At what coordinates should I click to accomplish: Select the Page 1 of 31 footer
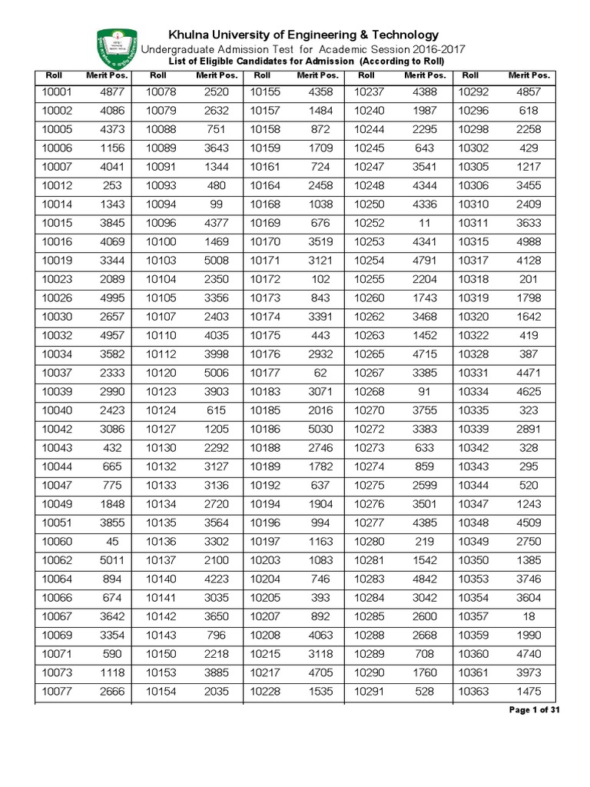(535, 709)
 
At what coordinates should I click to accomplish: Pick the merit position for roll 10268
(425, 391)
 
